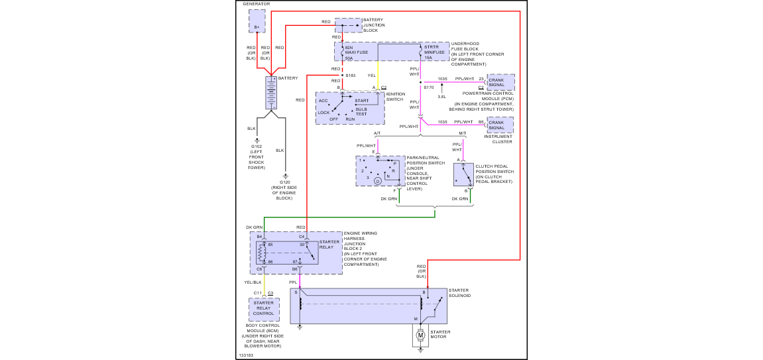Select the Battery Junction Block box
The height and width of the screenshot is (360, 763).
click(x=348, y=25)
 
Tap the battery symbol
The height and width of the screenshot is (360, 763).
click(x=272, y=92)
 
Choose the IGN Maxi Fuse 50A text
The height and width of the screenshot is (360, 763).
click(x=352, y=52)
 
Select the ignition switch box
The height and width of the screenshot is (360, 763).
click(x=350, y=107)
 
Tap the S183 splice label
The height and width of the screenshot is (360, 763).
click(x=351, y=76)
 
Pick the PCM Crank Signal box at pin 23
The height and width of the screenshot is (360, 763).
click(x=500, y=82)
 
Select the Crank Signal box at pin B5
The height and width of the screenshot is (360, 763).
click(x=500, y=124)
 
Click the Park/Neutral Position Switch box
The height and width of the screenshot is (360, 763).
click(x=380, y=171)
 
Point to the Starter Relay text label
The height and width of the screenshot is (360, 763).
click(x=329, y=245)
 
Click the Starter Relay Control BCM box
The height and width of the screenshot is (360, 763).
click(x=264, y=309)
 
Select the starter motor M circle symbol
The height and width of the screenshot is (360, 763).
click(x=420, y=335)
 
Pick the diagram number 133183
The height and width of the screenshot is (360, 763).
click(x=246, y=355)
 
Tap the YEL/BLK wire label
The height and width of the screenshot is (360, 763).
click(x=253, y=282)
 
